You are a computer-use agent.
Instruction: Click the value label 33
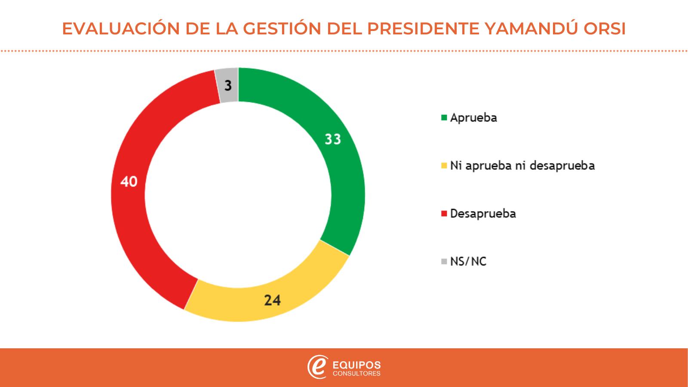point(333,139)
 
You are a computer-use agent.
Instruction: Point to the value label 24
point(273,300)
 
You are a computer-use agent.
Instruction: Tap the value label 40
point(129,181)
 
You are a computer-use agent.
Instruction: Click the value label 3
point(228,86)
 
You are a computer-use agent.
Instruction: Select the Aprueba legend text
point(473,118)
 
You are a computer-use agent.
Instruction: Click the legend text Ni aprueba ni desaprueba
point(522,166)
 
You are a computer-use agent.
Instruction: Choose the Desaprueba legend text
point(483,214)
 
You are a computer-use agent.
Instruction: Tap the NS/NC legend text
point(468,261)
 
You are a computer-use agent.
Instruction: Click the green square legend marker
point(444,117)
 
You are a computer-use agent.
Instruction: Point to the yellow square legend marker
point(444,166)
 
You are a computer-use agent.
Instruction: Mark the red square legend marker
point(444,214)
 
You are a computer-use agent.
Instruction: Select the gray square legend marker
point(444,261)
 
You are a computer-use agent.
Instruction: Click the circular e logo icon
point(317,367)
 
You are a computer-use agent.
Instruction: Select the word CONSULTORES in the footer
point(357,374)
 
